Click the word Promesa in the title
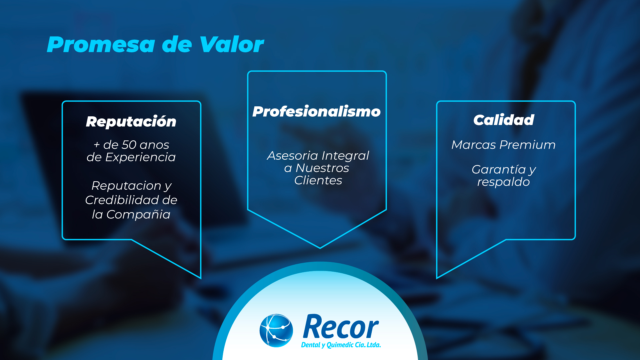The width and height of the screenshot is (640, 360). click(101, 44)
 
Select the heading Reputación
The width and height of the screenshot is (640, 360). click(131, 122)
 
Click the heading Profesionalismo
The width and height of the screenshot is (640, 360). click(316, 111)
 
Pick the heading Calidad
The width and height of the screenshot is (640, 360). click(504, 120)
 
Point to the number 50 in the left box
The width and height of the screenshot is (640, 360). click(129, 145)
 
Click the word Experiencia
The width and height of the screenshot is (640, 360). click(140, 157)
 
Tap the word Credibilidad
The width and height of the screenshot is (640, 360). click(122, 200)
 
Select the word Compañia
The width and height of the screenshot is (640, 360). click(138, 214)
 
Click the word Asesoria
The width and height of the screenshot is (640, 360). click(293, 155)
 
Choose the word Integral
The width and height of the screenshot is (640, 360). click(345, 156)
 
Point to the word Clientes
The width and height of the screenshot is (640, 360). click(318, 180)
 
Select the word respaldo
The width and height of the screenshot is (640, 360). click(503, 182)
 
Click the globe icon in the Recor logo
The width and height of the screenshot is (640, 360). click(276, 330)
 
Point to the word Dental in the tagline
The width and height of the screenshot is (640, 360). click(311, 345)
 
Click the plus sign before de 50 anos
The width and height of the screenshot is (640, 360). click(97, 145)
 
